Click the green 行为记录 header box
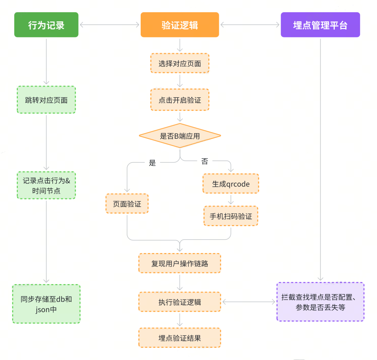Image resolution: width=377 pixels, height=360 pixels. pos(46,25)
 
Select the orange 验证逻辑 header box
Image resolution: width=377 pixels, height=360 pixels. pos(180,25)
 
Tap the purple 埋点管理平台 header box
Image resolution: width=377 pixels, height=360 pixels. pos(320,25)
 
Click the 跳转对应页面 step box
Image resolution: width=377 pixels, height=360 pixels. pos(46,100)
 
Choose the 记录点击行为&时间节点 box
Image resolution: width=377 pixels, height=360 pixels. pos(46,185)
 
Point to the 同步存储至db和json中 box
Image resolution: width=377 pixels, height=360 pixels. pos(46,304)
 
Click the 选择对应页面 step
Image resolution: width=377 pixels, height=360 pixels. pos(180,63)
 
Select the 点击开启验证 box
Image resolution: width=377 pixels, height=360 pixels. pos(180,100)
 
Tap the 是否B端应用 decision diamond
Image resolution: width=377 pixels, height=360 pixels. pos(180,136)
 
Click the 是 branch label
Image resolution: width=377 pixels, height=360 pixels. pos(152,163)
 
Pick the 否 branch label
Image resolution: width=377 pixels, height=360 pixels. pos(205,161)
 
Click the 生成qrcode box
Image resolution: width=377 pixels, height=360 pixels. pos(231,183)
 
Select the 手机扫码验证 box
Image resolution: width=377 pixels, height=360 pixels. pos(231,216)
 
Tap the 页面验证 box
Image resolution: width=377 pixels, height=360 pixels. pos(127,204)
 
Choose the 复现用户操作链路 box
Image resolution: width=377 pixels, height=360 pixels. pos(180,263)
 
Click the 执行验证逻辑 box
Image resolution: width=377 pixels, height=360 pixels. pos(180,302)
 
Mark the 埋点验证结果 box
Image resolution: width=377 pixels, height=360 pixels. pos(180,338)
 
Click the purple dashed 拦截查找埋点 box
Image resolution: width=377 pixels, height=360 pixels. pos(320,302)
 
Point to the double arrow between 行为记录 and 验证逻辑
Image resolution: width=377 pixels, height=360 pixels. pos(109,25)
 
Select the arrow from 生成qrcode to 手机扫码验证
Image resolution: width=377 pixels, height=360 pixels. pos(231,200)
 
